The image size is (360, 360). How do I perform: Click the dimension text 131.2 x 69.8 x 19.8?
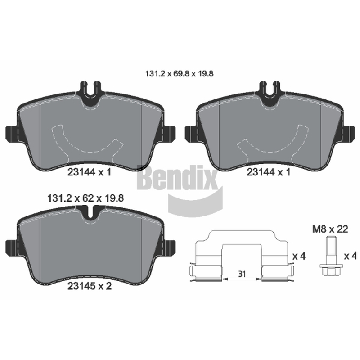180,74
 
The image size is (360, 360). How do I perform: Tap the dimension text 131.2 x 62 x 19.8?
85,198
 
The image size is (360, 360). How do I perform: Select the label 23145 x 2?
90,286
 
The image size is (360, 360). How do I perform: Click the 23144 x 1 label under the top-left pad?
89,172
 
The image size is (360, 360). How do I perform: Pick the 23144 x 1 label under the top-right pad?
269,172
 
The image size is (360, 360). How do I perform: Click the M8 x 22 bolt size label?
330,229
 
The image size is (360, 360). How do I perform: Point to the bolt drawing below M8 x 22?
332,256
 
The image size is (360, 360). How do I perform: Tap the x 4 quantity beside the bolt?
351,256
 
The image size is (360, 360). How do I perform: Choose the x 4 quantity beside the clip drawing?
299,256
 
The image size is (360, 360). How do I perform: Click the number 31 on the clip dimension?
242,274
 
